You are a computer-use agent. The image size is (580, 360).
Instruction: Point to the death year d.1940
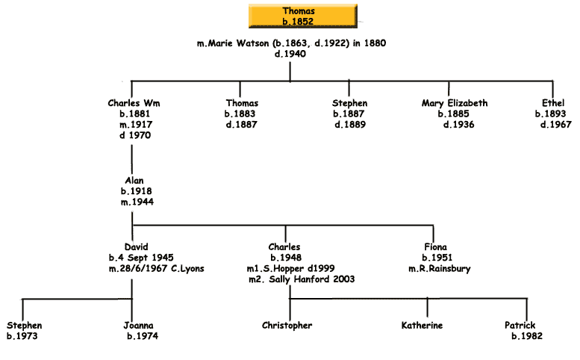pyautogui.click(x=290, y=55)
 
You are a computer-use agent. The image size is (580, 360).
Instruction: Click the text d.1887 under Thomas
pyautogui.click(x=241, y=125)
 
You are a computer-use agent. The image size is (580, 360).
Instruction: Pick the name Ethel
pyautogui.click(x=555, y=103)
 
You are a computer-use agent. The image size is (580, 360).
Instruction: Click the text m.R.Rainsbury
pyautogui.click(x=440, y=268)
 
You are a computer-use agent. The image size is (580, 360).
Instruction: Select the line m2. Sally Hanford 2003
pyautogui.click(x=302, y=279)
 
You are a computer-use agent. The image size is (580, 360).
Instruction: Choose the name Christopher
pyautogui.click(x=287, y=325)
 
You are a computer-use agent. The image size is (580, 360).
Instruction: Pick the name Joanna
pyautogui.click(x=140, y=325)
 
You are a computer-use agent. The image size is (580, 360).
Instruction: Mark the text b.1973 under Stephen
pyautogui.click(x=22, y=336)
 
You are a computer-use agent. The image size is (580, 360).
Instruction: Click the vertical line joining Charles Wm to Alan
pyautogui.click(x=132, y=159)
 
